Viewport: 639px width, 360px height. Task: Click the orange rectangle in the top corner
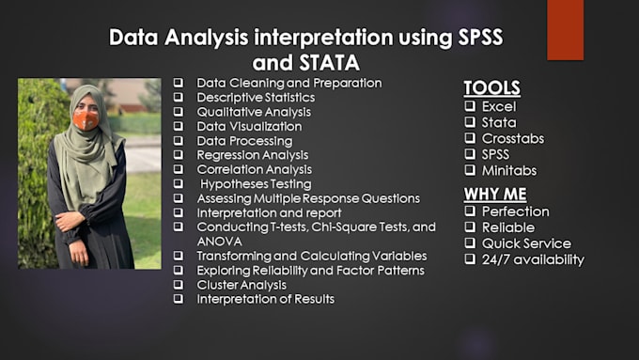(x=565, y=29)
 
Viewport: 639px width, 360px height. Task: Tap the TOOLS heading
(x=492, y=88)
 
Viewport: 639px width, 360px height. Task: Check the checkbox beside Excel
(x=469, y=106)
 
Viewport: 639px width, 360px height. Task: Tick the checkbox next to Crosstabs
(x=469, y=138)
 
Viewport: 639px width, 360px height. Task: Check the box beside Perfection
(x=469, y=211)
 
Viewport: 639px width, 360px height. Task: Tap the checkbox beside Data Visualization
(x=178, y=126)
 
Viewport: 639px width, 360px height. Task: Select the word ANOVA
(x=218, y=241)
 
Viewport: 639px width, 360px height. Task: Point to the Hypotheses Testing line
(x=256, y=184)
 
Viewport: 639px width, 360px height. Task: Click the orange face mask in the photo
(x=86, y=120)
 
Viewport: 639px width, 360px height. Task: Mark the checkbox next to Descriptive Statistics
(x=178, y=97)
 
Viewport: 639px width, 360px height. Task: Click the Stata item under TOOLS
(x=499, y=122)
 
